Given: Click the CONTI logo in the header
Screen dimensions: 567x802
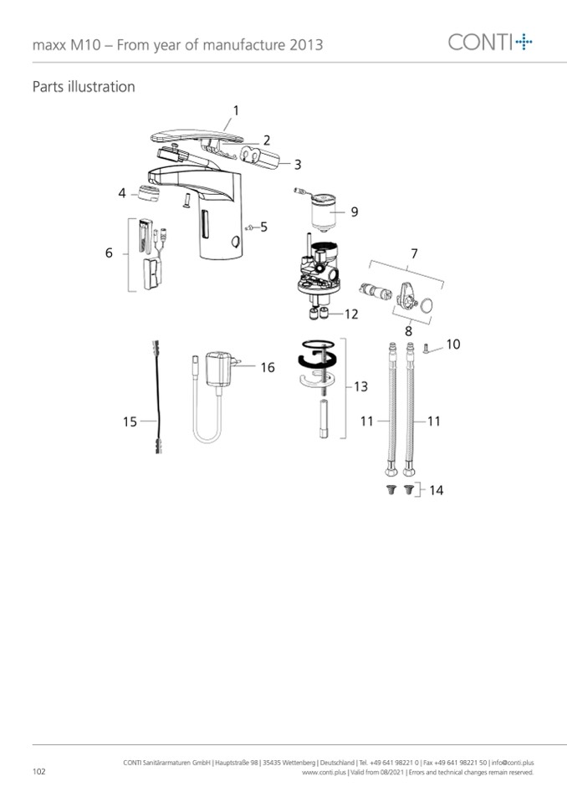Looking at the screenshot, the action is coord(490,42).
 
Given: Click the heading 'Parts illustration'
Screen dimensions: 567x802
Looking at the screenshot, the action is coord(84,86).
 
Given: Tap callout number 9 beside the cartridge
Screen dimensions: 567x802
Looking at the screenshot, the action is coord(355,212).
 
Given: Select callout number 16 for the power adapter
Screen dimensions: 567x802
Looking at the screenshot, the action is coord(268,367).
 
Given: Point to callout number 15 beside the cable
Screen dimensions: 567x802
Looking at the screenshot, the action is coord(130,421).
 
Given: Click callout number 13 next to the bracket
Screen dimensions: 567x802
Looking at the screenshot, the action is coord(360,386).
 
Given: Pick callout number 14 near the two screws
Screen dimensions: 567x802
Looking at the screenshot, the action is coord(436,490).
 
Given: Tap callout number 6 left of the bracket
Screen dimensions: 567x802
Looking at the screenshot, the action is coord(109,253).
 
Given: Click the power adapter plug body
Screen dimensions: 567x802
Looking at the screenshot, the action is coord(218,368).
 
